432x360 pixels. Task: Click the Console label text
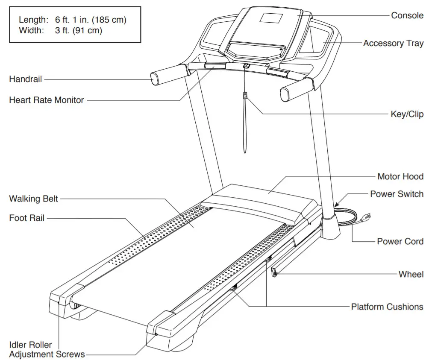[407, 15]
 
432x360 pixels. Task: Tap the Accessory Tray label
[393, 43]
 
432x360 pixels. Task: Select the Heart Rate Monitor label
[47, 100]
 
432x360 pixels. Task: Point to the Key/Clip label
[407, 114]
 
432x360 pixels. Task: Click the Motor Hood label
[400, 176]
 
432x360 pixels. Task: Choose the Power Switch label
[397, 194]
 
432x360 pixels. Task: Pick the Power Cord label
[400, 241]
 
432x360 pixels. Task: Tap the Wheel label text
[411, 274]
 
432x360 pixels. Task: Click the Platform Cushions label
[387, 307]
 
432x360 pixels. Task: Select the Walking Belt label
[33, 199]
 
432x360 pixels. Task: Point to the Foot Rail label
[26, 218]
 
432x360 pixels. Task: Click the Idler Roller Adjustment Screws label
[47, 349]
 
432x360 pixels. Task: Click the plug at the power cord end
[366, 217]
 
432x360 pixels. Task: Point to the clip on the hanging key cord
[245, 96]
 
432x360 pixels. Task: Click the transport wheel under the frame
[274, 272]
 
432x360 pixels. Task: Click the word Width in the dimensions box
[31, 30]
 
